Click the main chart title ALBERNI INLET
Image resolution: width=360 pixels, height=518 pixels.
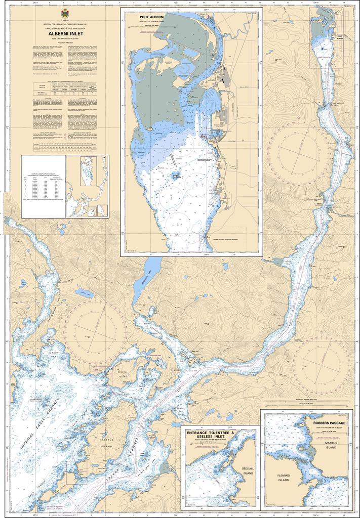(x=64, y=34)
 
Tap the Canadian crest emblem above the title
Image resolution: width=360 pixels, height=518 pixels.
(x=64, y=13)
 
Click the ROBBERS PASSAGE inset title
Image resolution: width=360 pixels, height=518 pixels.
(x=329, y=422)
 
